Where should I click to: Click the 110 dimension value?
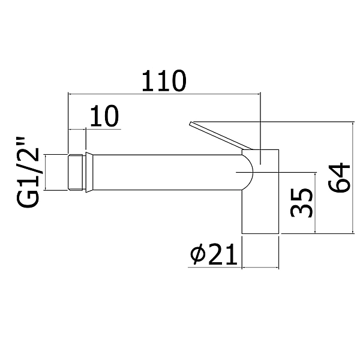164,81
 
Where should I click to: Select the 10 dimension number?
104,116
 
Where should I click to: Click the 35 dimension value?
301,203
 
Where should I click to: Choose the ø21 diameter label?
214,254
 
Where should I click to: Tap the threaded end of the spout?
76,172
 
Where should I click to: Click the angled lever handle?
221,136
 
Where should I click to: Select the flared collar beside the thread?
89,172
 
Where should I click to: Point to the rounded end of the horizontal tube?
248,172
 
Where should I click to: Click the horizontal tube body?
167,172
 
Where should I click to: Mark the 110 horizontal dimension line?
164,94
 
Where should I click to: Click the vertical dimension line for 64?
353,178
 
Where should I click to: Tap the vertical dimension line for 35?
316,203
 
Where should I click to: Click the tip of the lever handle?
191,123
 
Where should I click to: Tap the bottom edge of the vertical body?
260,234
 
